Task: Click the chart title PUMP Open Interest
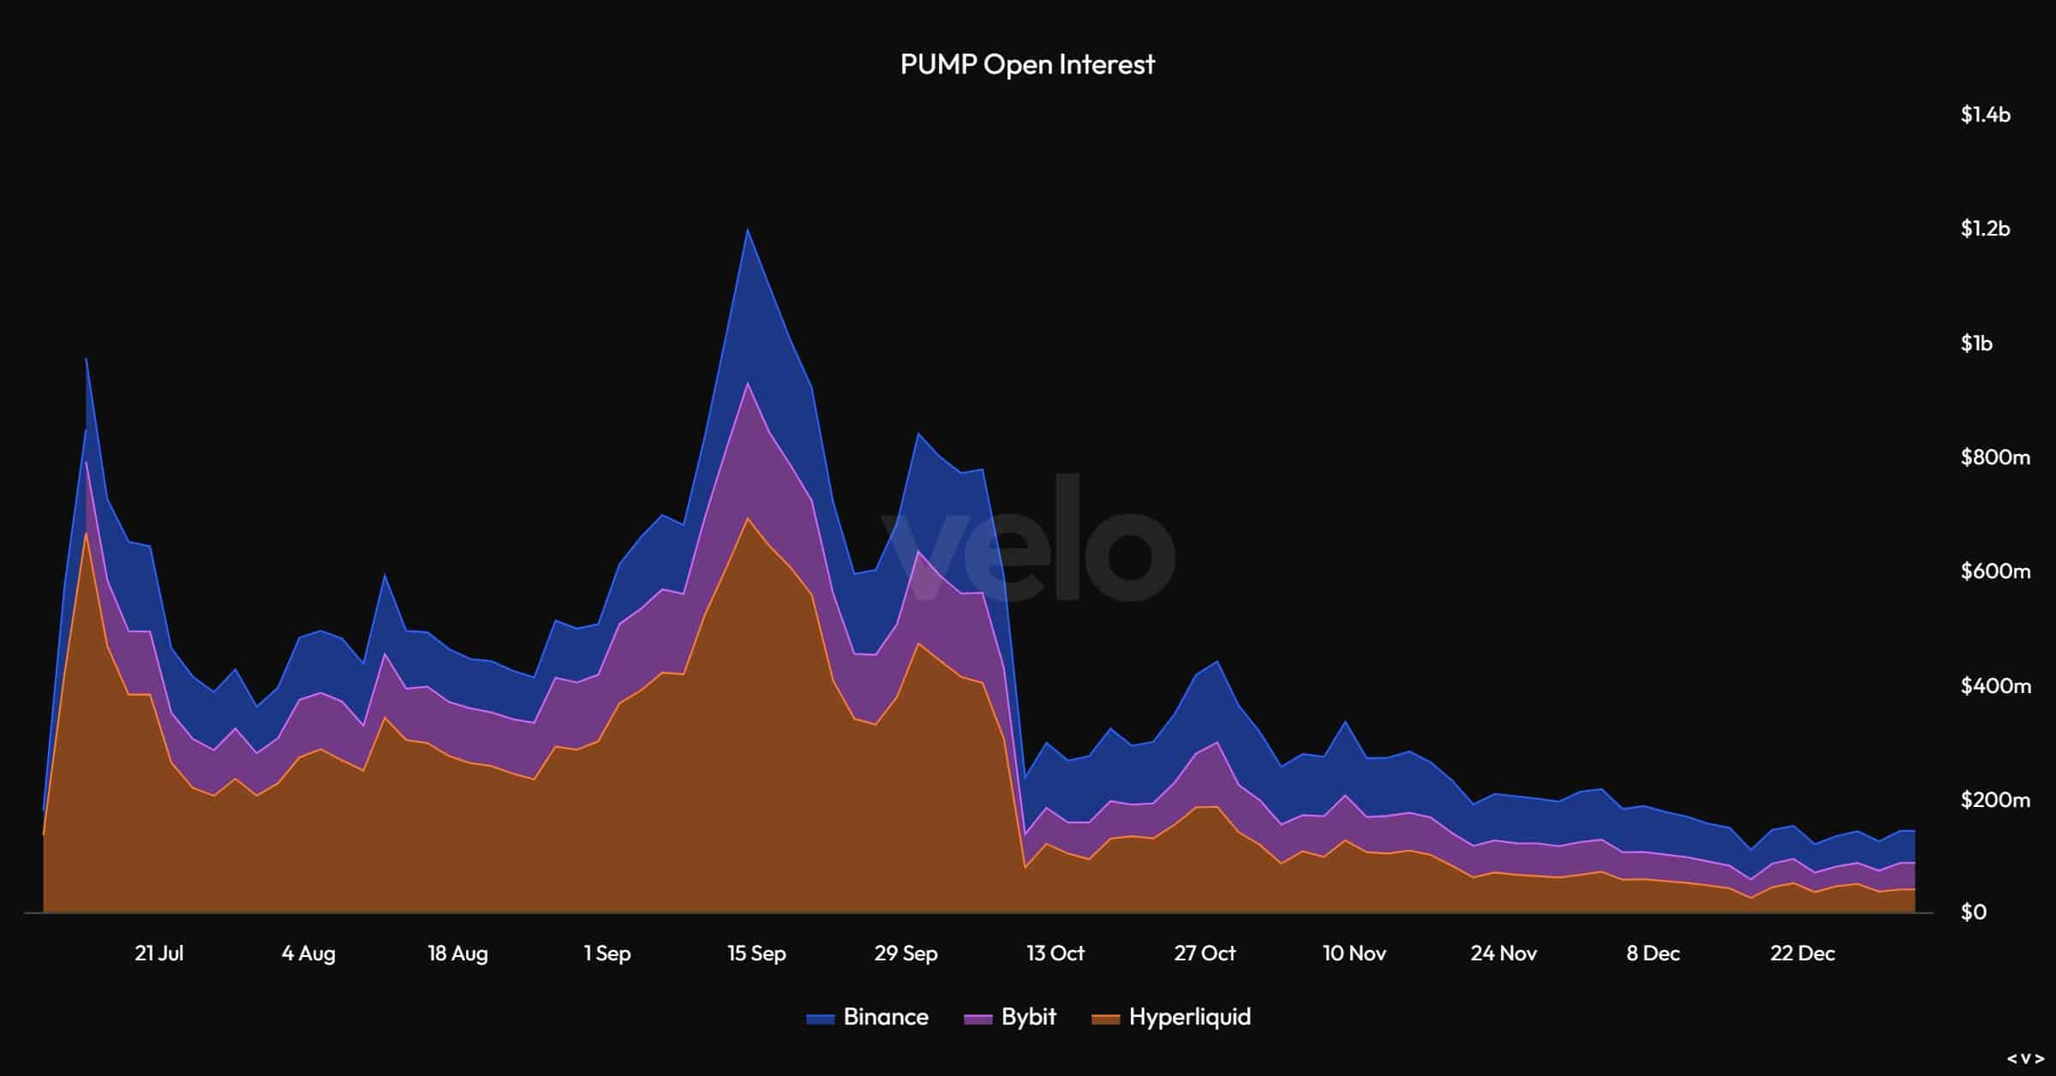click(1027, 64)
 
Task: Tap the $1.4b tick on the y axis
click(1985, 115)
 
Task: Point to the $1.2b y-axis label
click(1985, 229)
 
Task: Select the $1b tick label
click(1976, 344)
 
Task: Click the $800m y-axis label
click(1995, 457)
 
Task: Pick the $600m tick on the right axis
click(1995, 571)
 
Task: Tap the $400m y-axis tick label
click(1995, 686)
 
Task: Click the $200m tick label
click(1995, 800)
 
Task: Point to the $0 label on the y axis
click(1973, 912)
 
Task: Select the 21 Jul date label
click(159, 953)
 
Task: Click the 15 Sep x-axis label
click(756, 953)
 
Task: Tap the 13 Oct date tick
click(1055, 953)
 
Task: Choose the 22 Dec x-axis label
click(1802, 953)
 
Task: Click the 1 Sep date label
click(607, 953)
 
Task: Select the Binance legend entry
click(868, 1017)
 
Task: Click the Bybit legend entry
click(1011, 1017)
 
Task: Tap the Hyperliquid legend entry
click(1172, 1017)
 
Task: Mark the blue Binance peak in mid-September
click(747, 231)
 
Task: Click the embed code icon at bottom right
click(2026, 1059)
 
